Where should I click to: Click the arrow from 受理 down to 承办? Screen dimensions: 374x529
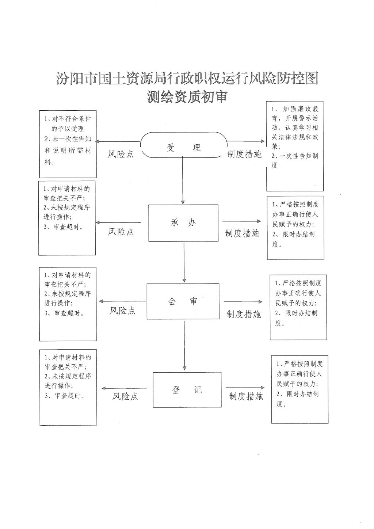point(183,181)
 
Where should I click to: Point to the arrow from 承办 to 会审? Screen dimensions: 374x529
point(184,262)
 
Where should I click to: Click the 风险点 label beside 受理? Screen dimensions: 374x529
point(121,154)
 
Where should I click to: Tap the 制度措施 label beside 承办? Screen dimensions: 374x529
point(242,233)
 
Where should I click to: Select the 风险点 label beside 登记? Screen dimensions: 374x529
point(125,396)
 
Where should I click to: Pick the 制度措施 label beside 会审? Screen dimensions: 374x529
point(244,314)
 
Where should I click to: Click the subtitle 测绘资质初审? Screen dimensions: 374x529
point(187,96)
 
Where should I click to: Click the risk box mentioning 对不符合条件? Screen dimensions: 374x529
point(68,144)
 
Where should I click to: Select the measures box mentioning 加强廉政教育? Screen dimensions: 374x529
point(295,146)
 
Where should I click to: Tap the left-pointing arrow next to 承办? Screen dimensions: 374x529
point(118,222)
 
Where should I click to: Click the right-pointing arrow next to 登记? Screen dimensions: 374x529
point(245,388)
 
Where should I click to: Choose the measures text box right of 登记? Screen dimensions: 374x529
point(299,389)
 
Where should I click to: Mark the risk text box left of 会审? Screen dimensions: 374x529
point(68,304)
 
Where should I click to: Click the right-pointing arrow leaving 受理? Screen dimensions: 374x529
point(245,141)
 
